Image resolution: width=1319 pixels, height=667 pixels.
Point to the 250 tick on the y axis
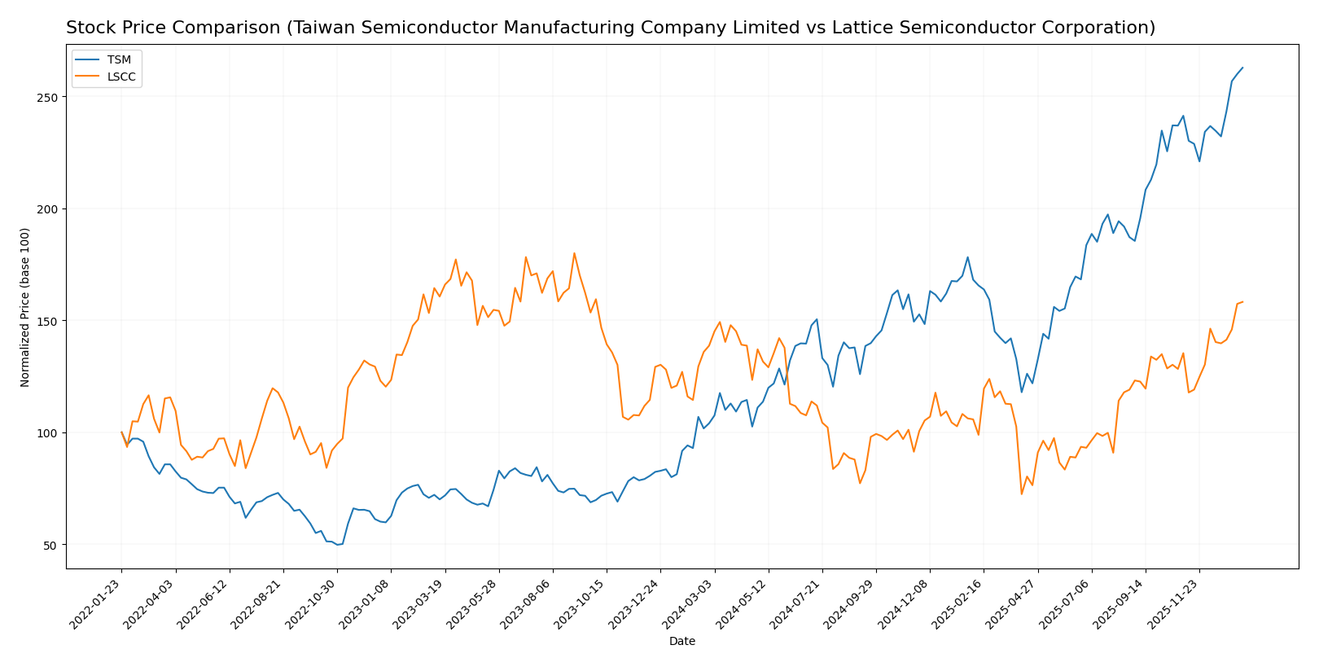coord(50,97)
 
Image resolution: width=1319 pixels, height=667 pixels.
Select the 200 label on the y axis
coord(50,209)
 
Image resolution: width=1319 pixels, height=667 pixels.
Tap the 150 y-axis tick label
coord(50,321)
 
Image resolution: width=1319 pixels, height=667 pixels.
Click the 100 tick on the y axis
coord(50,433)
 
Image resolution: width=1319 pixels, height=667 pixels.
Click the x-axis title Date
coord(681,642)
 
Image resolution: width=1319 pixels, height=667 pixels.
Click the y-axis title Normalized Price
coord(25,307)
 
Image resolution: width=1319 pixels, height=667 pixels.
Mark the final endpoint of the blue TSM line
coord(1242,68)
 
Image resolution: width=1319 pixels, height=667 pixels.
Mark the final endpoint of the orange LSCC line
coord(1242,302)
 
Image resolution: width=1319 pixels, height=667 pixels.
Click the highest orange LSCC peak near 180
coord(574,253)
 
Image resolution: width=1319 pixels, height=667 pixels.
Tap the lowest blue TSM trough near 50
coord(337,544)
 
